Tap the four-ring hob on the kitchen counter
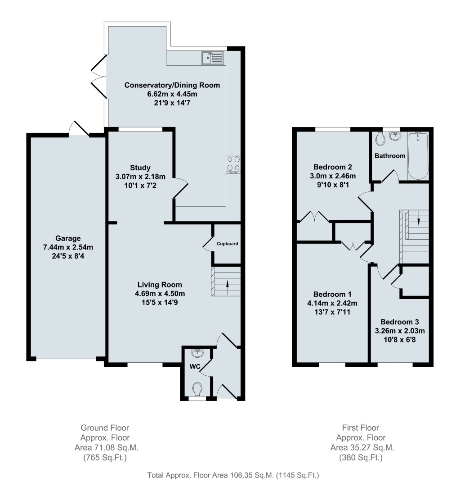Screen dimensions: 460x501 233,165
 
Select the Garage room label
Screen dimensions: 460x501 68,238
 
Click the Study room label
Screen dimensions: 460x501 140,168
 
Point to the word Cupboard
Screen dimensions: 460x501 227,243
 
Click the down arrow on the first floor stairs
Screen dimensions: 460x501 418,219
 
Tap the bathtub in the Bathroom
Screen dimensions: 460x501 418,156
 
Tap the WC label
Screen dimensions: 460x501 195,366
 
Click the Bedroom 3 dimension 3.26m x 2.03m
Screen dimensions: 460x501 400,331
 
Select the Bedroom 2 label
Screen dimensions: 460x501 333,167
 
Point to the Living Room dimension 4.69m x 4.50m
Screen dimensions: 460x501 160,293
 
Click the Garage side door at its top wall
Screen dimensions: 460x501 79,129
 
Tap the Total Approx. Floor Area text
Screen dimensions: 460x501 233,475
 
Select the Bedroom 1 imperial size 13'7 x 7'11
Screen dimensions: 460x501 332,312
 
